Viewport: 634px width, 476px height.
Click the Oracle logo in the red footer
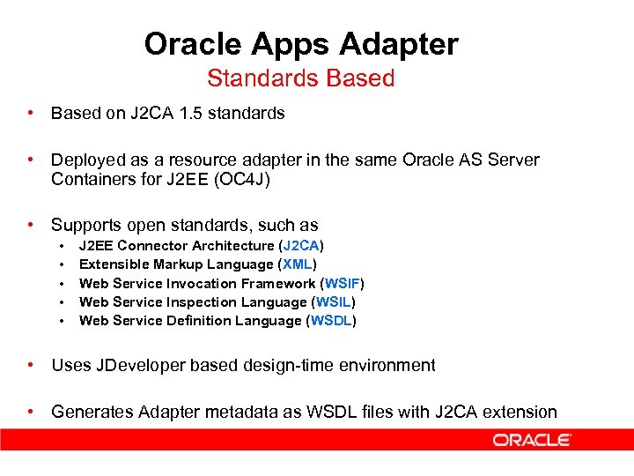coord(532,439)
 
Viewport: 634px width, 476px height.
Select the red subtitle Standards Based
coord(300,78)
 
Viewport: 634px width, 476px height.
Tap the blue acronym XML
coord(298,264)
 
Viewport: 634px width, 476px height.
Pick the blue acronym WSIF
coord(342,283)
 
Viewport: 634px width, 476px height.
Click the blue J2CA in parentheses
coord(301,246)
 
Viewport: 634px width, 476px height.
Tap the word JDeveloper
coord(135,365)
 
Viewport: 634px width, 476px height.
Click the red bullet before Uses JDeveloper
coord(31,365)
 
